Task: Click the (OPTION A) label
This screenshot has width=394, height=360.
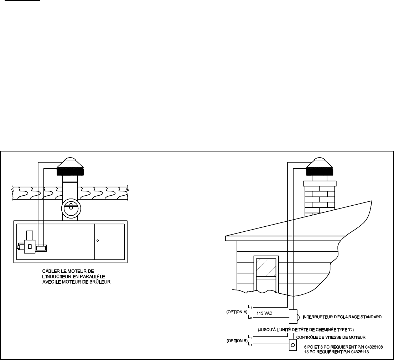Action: pos(237,312)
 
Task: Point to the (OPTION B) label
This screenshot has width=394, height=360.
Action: pos(237,341)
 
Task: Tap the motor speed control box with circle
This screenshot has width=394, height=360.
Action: pos(292,345)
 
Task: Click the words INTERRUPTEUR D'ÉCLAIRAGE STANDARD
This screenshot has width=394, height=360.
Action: pos(342,317)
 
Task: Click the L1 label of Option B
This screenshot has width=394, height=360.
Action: pos(249,336)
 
